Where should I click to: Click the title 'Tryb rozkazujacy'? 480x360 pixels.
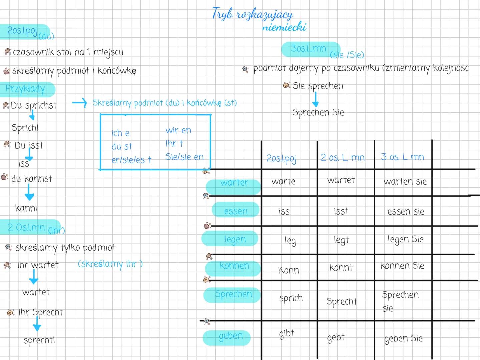pos(252,14)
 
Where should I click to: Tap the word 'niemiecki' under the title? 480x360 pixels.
pos(284,27)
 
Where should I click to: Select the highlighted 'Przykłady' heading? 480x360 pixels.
pos(25,89)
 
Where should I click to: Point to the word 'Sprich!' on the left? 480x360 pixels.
pos(25,128)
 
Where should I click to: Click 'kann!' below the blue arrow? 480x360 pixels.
pos(26,208)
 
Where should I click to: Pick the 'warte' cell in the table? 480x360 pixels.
pos(283,182)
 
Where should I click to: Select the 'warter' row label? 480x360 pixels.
pos(234,183)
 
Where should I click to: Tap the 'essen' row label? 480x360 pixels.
pos(236,211)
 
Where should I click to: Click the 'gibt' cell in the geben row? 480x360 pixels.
pos(287,334)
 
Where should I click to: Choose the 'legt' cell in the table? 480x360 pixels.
pos(341,240)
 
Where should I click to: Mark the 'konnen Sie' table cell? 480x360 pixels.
pos(402,266)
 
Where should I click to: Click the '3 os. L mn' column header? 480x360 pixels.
pos(402,157)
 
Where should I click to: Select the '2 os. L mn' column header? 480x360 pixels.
pos(343,158)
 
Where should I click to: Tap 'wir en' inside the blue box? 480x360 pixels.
pos(178,130)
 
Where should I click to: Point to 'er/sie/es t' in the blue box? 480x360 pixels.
pos(131,160)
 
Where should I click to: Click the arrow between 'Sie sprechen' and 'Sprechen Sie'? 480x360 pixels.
pos(315,99)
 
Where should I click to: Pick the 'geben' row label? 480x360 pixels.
pos(230,336)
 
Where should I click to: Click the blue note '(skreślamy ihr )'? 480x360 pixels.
pos(110,264)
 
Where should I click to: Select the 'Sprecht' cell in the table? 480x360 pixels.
pos(341,301)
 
